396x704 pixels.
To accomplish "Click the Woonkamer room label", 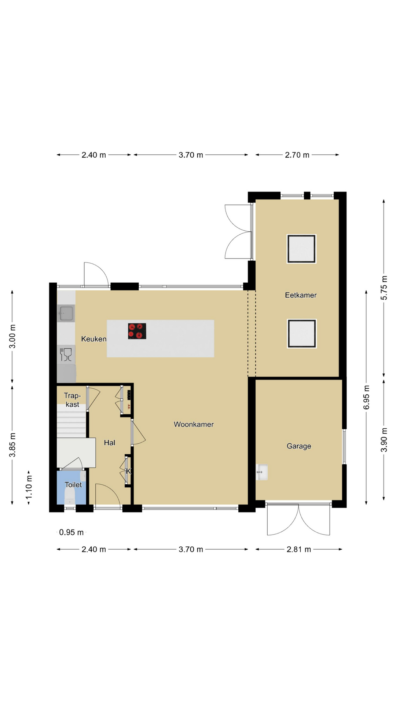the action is [x=194, y=424].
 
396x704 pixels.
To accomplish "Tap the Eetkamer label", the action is [x=301, y=295].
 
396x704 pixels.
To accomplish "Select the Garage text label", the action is [x=299, y=446].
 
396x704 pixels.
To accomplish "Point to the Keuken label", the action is [x=94, y=339].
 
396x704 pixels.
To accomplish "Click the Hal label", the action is [x=110, y=443].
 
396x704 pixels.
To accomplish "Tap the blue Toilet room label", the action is [x=73, y=485].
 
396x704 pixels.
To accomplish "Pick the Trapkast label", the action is [x=72, y=400].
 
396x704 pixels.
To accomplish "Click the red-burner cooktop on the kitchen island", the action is [x=137, y=331].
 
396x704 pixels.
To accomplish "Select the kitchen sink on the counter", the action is [x=66, y=313].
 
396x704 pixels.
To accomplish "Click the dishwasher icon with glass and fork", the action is [x=66, y=355].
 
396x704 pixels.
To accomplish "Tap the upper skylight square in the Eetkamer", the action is [x=301, y=249].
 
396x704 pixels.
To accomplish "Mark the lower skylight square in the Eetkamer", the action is [x=302, y=334].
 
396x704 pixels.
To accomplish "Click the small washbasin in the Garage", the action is [x=262, y=472].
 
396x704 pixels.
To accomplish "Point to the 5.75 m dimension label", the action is [x=384, y=287].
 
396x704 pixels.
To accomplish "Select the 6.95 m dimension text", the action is [x=366, y=397].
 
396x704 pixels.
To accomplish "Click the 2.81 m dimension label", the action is [x=299, y=549].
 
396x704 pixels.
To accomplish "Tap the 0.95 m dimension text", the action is [x=71, y=532].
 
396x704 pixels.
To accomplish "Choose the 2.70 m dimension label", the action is [x=297, y=155].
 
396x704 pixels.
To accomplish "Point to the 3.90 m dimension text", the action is [x=384, y=440].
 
